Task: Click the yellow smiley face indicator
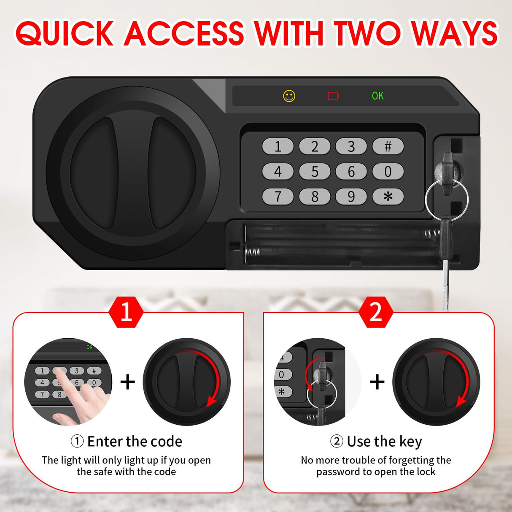coord(289,96)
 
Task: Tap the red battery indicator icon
coord(333,96)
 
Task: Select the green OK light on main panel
coord(377,96)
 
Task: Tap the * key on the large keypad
coord(388,196)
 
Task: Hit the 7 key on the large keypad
coord(278,196)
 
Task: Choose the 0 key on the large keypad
coord(388,172)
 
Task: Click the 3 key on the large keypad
coord(351,147)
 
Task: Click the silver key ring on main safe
coord(447,200)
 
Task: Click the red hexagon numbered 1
coord(126,313)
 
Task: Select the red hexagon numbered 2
coord(375,313)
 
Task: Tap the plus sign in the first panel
coord(127,382)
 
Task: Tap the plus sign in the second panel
coord(377,382)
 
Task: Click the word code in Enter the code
coord(166,442)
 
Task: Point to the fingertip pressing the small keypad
coord(59,371)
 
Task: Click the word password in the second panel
coord(338,472)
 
